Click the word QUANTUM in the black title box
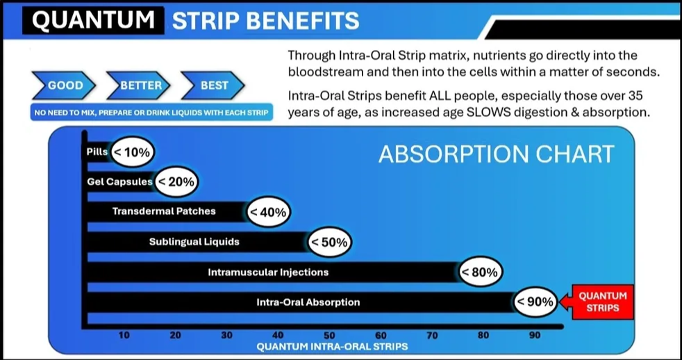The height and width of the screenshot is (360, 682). pos(93,20)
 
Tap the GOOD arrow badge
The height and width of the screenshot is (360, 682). pos(65,85)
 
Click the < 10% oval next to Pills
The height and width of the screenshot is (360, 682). pos(133,152)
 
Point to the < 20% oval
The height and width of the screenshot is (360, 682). pos(176,181)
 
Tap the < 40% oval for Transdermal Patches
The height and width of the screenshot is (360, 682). pos(268,212)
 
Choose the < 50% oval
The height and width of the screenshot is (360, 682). pos(329,242)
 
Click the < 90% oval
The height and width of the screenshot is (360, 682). pos(535,301)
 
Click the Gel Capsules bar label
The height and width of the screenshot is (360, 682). pos(119,182)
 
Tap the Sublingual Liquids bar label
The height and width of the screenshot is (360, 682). pos(194,242)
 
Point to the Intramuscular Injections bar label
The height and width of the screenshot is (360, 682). pos(268,272)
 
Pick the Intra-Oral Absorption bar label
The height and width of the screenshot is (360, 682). pos(308,302)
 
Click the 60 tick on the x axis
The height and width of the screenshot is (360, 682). pos(381,335)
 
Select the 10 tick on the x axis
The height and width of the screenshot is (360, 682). pos(124,335)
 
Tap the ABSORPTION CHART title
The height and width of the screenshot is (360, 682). pos(496,154)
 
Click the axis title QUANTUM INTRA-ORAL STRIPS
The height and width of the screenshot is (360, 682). pos(332,347)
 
